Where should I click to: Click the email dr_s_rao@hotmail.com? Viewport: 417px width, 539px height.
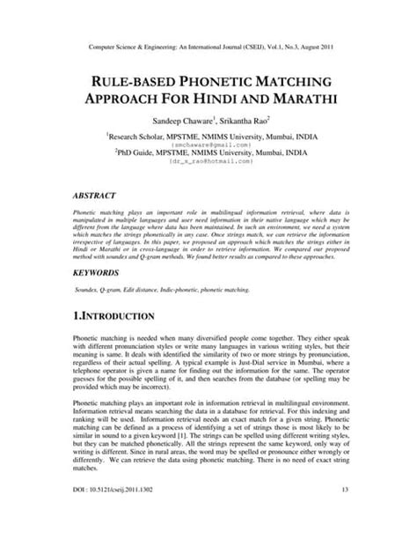[x=208, y=163]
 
